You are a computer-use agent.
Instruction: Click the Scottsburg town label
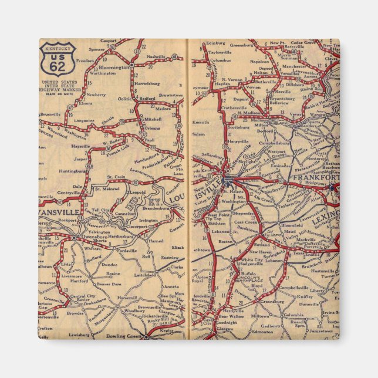(x=240, y=126)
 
